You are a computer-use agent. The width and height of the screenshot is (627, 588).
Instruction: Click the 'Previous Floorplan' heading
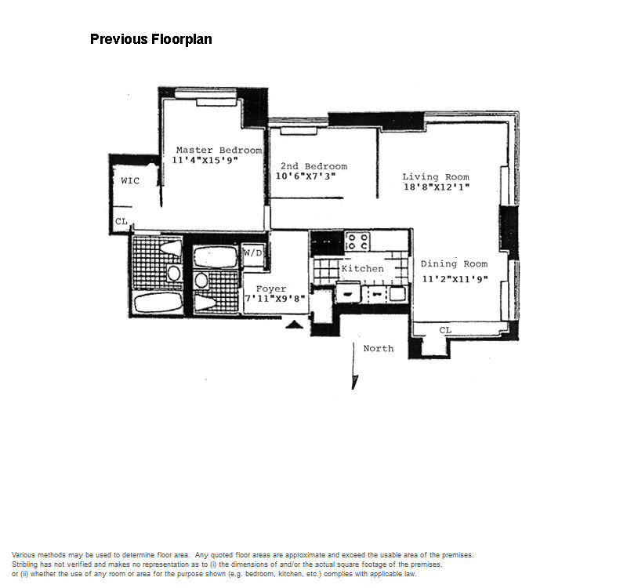151,39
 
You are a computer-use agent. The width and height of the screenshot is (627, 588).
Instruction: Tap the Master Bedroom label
219,150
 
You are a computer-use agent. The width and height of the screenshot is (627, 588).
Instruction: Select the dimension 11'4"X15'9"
205,160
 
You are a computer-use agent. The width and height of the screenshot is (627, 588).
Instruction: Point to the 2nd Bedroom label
314,166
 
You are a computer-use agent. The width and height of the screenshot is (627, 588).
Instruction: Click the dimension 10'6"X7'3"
306,176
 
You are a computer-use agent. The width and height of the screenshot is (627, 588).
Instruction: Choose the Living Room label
436,177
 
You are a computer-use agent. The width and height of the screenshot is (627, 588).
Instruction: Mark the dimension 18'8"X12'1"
437,187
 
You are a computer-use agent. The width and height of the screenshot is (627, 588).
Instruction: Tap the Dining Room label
455,264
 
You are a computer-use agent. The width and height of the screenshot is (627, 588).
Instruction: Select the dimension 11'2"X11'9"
455,279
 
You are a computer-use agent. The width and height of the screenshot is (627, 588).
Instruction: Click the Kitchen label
362,269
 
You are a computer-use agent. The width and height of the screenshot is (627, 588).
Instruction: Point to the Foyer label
271,289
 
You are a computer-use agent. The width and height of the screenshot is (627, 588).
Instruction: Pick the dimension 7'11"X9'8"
275,299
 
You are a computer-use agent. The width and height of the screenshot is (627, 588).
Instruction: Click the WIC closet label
130,181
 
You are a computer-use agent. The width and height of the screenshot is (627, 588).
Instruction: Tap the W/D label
253,252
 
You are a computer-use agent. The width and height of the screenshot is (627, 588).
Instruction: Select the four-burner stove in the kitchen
357,241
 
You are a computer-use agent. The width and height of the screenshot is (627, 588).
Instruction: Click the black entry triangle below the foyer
295,325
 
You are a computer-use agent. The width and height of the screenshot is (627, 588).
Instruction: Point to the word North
379,348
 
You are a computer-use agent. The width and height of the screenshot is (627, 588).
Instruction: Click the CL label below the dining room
445,330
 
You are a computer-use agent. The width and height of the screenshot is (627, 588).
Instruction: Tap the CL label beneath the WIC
121,221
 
